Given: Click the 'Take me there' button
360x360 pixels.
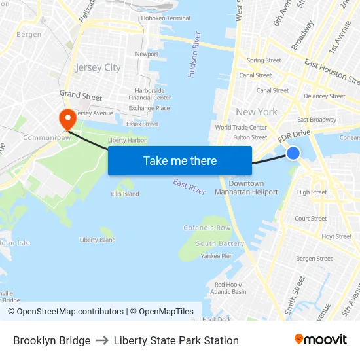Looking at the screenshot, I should coord(180,160).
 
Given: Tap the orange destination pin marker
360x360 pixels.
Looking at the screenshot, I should coord(67,118).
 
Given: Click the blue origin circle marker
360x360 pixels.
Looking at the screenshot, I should coord(293,153).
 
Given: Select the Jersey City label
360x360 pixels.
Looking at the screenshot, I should coord(98,67).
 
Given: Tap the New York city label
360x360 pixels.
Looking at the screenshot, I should coord(257,112).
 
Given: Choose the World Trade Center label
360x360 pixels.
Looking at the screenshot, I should coord(241,128).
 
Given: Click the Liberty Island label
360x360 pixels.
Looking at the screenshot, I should coord(98,240).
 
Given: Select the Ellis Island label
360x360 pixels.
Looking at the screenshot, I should coord(125,194).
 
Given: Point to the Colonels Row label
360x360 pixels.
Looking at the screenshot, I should coord(207,228).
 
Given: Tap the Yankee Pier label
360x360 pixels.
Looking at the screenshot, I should coord(216,256).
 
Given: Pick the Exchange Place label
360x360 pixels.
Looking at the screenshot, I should coord(149,108).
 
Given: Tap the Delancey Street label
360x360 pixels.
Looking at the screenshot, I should coord(325,96).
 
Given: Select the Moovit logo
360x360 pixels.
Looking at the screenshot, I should coord(320,340).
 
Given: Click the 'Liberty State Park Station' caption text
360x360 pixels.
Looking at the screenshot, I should coord(176,340).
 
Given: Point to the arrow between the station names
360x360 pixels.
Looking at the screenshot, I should coord(102,340).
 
